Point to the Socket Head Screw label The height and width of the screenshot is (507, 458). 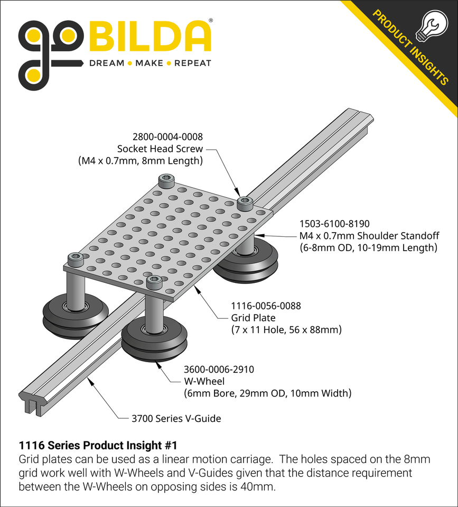pos(160,149)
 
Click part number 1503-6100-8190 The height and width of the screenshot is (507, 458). pos(331,224)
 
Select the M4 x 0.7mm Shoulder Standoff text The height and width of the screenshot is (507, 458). pos(369,235)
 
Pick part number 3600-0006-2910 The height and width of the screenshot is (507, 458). pos(218,370)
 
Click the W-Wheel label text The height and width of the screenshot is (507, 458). pos(204,381)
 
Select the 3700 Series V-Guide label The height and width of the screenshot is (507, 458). pos(176,419)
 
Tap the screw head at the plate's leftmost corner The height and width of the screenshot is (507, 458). pos(75,259)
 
